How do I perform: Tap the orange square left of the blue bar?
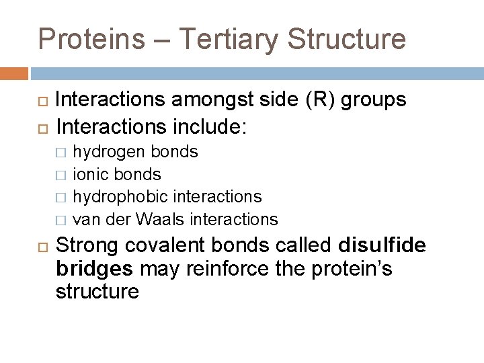pos(14,73)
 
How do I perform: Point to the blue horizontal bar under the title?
pos(255,73)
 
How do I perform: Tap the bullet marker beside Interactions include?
pos(41,126)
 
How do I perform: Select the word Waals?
pos(161,219)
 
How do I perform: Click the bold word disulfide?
pos(382,245)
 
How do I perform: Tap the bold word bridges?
pos(95,269)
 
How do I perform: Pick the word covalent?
pos(161,245)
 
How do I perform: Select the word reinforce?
pos(218,269)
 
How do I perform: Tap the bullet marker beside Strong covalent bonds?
pos(41,246)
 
